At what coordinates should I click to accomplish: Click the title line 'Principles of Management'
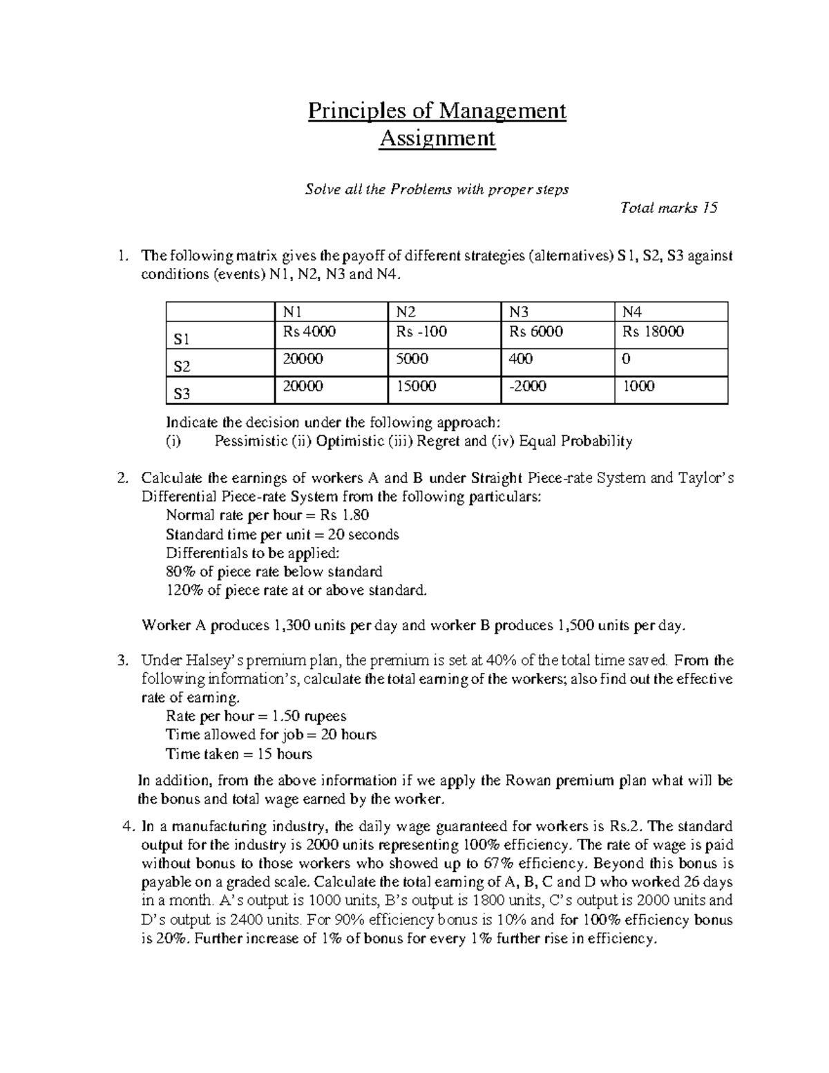(437, 111)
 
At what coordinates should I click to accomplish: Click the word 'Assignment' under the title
(437, 139)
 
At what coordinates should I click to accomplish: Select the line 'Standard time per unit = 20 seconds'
(282, 534)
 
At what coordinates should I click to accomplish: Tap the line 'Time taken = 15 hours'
(239, 754)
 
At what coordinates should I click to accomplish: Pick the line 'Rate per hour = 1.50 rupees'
(256, 716)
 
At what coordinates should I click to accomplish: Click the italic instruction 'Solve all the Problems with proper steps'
(437, 189)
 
